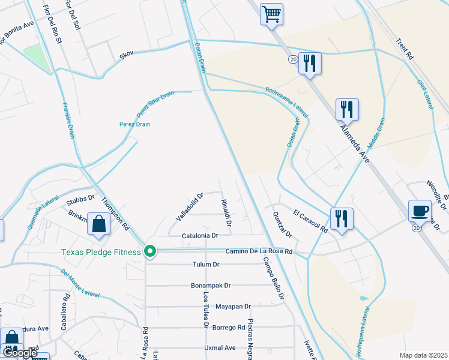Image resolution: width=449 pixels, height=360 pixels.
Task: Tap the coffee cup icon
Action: pyautogui.click(x=420, y=211)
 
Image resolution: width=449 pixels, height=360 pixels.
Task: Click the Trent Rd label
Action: pyautogui.click(x=405, y=49)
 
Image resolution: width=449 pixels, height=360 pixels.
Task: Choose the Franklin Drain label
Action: pyautogui.click(x=68, y=120)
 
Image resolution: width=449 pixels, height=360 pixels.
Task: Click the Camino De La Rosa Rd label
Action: pyautogui.click(x=259, y=251)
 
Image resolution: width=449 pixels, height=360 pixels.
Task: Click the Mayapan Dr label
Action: pyautogui.click(x=233, y=307)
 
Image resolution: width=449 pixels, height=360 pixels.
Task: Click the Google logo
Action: pyautogui.click(x=20, y=353)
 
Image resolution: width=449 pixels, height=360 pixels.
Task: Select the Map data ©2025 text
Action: pyautogui.click(x=424, y=355)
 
